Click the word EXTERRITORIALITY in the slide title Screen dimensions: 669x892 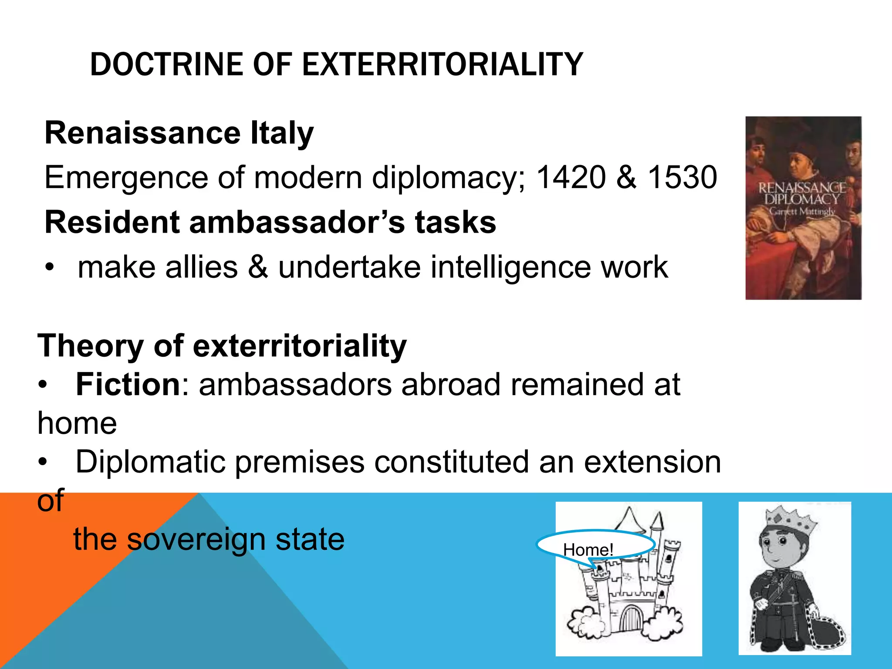click(442, 64)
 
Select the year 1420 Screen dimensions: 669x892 click(571, 177)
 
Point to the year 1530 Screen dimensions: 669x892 click(682, 177)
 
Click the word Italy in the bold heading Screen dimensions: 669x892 click(282, 133)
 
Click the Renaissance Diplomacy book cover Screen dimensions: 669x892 click(803, 208)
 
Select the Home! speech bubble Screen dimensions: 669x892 click(596, 546)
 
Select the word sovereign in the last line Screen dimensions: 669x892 click(196, 539)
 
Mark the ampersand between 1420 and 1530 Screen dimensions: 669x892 click(626, 177)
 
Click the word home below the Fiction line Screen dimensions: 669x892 click(77, 423)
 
